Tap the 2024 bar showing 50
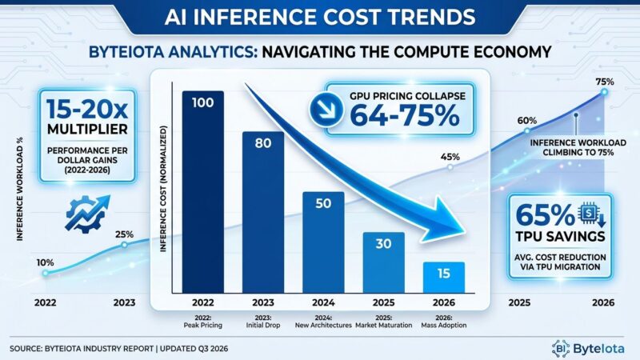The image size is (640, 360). click(324, 244)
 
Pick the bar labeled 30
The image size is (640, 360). click(384, 264)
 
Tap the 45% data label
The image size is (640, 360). click(449, 157)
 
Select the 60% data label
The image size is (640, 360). click(526, 121)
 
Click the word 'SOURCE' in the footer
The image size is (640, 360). click(29, 350)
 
